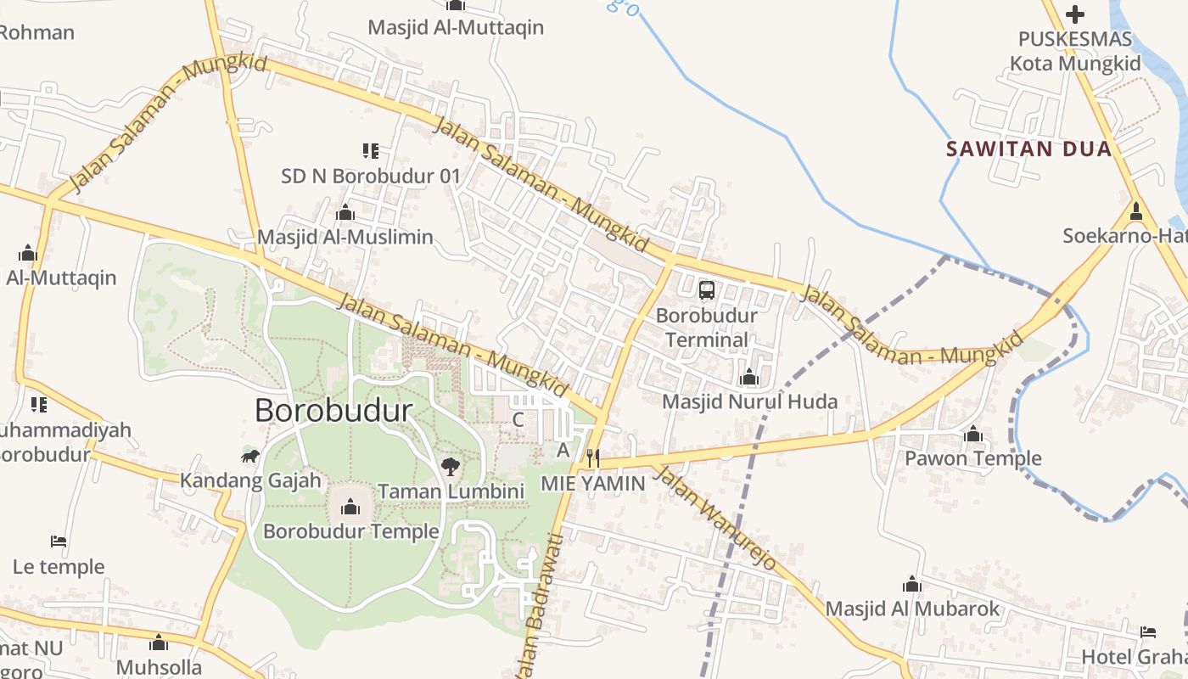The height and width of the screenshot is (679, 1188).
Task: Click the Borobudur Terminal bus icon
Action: [707, 290]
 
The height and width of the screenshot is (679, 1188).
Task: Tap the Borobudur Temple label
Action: [350, 531]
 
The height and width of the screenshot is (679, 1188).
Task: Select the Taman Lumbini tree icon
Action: [451, 466]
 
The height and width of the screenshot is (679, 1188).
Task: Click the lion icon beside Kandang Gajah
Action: [249, 457]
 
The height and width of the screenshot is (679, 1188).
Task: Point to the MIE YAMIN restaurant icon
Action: [593, 458]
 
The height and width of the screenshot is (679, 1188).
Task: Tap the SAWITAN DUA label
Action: [1028, 149]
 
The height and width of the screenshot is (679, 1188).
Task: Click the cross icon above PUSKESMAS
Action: [1075, 14]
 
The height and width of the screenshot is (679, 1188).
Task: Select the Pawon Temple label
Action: [972, 459]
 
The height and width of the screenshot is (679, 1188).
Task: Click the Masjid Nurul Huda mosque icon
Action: [749, 377]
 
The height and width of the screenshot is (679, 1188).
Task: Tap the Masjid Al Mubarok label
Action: [912, 609]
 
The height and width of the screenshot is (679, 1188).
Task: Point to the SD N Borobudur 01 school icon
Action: [371, 151]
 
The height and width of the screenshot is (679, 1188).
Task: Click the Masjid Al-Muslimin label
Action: [345, 237]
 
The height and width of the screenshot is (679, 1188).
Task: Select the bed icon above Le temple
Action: [59, 541]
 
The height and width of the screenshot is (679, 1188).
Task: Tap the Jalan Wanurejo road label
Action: [717, 517]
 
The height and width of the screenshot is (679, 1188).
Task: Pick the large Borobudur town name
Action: [333, 411]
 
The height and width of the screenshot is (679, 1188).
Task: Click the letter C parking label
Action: [518, 419]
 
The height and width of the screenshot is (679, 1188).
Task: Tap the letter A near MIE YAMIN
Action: [563, 451]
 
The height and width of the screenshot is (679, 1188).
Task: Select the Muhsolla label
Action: [159, 666]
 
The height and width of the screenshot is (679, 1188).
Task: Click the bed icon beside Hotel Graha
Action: [1148, 631]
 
